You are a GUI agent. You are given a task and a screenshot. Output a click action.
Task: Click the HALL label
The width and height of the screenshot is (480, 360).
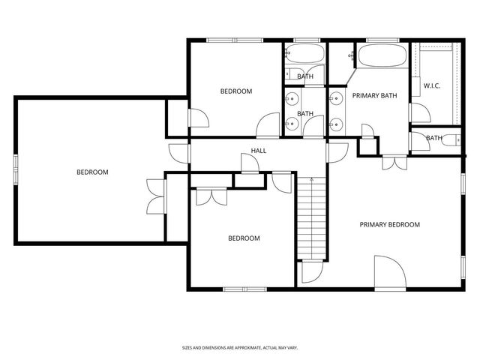pos(259,151)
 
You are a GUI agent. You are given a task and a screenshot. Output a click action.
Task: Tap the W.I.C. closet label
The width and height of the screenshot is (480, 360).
pos(432,86)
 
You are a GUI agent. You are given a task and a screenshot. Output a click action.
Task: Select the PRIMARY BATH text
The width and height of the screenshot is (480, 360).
pos(374,95)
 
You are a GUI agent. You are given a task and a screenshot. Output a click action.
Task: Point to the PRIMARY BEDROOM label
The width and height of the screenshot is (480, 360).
pos(389,224)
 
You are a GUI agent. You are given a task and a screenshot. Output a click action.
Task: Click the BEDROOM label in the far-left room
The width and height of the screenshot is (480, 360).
pos(92,172)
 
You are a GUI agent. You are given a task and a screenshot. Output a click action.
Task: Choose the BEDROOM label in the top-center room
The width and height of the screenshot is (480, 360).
pos(235,91)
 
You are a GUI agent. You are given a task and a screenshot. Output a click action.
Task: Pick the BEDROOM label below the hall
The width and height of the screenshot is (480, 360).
pos(244,238)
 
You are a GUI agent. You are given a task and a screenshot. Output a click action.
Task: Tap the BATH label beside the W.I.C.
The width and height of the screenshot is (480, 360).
pos(434,138)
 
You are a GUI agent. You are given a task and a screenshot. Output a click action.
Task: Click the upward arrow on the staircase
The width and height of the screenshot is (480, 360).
pos(313,180)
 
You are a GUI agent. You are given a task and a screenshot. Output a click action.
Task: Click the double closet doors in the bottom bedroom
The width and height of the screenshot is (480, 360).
pos(211,196)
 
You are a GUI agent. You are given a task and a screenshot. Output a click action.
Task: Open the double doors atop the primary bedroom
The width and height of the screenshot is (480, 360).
pos(391,162)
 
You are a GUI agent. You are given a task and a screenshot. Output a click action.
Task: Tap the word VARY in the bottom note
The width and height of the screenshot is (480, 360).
pos(292,348)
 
